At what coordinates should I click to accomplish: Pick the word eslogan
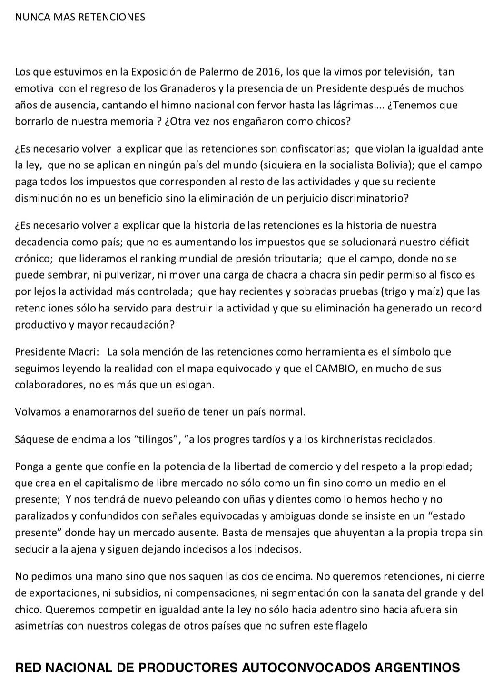(x=195, y=385)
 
